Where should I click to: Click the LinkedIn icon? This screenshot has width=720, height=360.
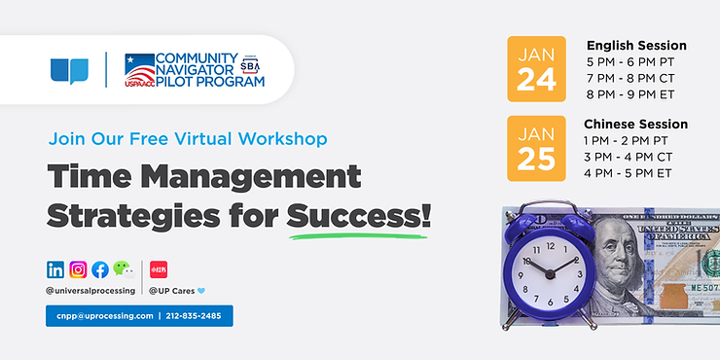(55, 270)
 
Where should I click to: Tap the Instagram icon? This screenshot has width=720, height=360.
(78, 270)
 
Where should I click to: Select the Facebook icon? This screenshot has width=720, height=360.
(99, 270)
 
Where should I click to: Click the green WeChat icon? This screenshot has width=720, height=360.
(123, 269)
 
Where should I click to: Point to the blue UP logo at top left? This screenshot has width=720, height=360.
(69, 71)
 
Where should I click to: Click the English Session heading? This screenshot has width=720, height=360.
(636, 46)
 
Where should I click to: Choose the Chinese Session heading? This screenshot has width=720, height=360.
(635, 125)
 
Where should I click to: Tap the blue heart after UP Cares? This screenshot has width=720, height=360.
(201, 290)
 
